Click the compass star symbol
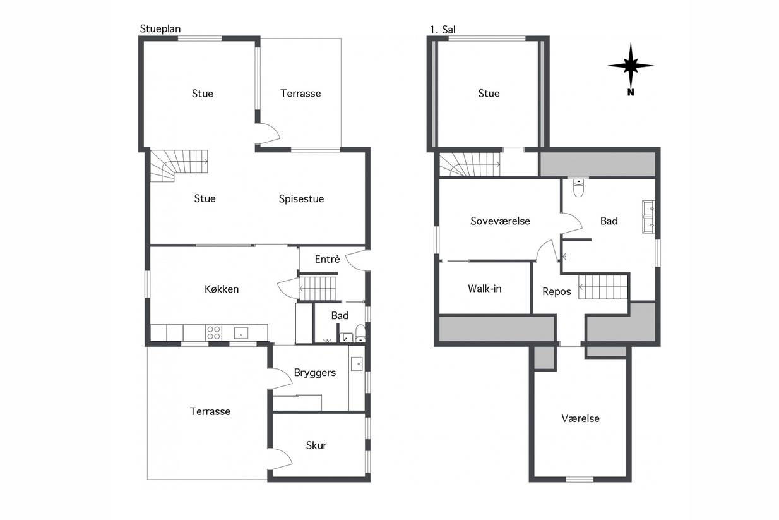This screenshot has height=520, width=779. coord(631,66)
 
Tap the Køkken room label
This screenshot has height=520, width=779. coord(222,289)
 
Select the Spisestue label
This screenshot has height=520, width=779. coord(301,199)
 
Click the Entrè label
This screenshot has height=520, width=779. coord(327,258)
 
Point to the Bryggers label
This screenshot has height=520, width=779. coord(315,373)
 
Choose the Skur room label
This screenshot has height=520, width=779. coord(316,445)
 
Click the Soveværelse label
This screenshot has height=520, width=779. coord(500,221)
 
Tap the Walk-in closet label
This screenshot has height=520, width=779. coord(484,289)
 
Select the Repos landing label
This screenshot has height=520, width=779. coord(556,291)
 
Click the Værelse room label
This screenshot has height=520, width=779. coord(580,418)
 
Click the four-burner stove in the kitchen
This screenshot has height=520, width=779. coord(213,332)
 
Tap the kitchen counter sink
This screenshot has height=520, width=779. coord(241,333)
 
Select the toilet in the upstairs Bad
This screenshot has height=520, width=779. coord(578,187)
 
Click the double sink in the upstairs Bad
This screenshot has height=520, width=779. coord(648,217)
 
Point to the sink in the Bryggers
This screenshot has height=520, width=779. coord(357,364)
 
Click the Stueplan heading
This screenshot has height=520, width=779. coord(160,28)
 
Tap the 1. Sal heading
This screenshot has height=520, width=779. coord(443,30)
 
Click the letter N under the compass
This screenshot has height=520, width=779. coord(631,92)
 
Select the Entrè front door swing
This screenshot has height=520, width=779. coord(357,260)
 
